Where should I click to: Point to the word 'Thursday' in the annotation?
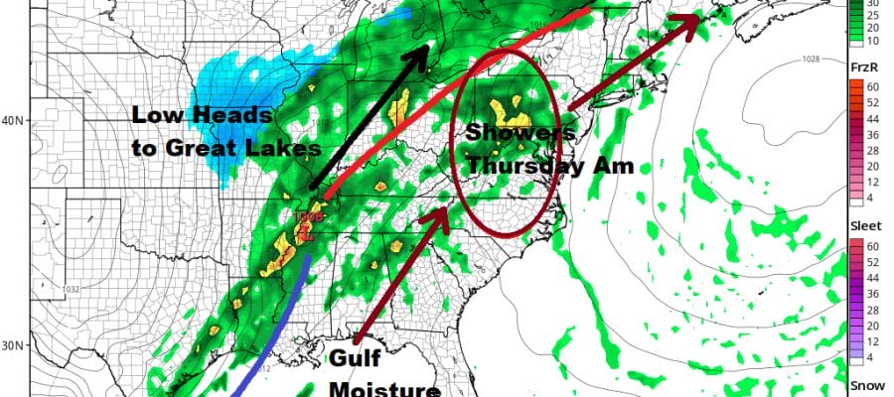512,166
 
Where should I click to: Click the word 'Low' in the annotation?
154,117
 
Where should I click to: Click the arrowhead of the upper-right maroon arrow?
695,21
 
